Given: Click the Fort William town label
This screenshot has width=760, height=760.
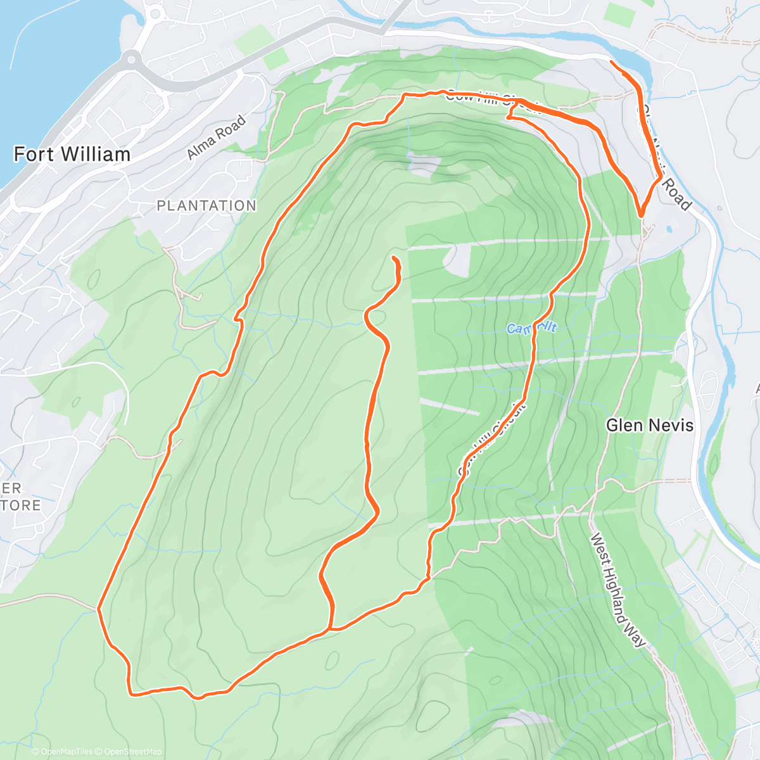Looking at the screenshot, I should [72, 155].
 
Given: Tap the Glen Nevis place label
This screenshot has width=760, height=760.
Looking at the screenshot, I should [650, 426].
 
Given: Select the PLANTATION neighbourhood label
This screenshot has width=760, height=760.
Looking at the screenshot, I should [206, 206].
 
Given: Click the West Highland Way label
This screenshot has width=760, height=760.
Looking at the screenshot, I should [618, 590].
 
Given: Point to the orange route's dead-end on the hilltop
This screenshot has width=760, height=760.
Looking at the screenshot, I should [395, 258].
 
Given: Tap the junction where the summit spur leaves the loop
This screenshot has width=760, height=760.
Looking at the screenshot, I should [330, 629].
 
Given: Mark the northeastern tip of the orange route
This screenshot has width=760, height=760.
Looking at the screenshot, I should [611, 61].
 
